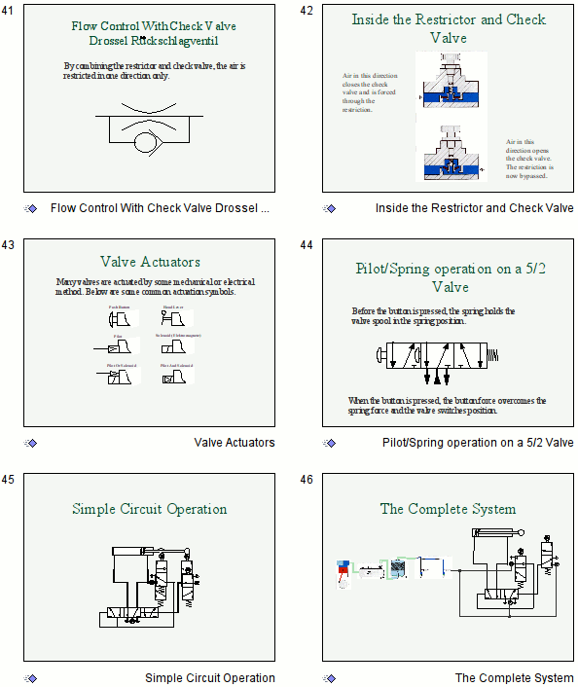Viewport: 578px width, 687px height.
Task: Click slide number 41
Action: pyautogui.click(x=8, y=11)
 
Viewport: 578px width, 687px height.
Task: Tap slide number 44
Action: pyautogui.click(x=307, y=245)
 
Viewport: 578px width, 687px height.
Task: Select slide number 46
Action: pyautogui.click(x=307, y=480)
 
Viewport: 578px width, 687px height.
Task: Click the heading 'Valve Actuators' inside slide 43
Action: pyautogui.click(x=150, y=262)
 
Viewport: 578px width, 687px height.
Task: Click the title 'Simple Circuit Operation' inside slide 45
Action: pyautogui.click(x=150, y=509)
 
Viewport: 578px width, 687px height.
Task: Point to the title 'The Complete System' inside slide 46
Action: pyautogui.click(x=448, y=509)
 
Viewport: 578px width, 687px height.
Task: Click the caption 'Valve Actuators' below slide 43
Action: pyautogui.click(x=235, y=443)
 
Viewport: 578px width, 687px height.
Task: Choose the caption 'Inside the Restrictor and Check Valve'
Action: pyautogui.click(x=475, y=208)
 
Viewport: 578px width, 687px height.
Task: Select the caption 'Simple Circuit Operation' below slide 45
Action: pyautogui.click(x=210, y=678)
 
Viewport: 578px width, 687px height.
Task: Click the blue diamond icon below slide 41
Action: pyautogui.click(x=31, y=208)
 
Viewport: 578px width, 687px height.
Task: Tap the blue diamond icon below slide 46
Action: pyautogui.click(x=330, y=678)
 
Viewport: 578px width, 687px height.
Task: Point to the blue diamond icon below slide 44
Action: pyautogui.click(x=330, y=443)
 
